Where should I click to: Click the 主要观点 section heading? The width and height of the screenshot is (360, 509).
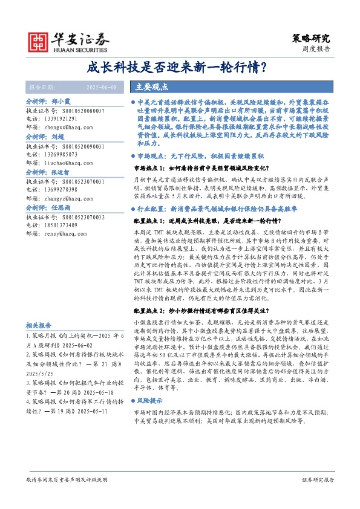pyautogui.click(x=150, y=86)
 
